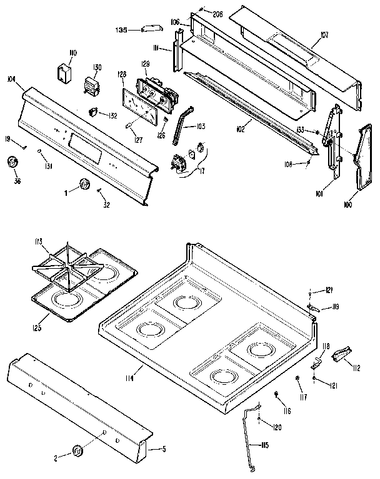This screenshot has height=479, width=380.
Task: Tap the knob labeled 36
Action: click(x=12, y=163)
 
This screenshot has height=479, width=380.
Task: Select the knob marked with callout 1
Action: click(x=84, y=185)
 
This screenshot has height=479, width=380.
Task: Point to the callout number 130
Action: click(x=97, y=68)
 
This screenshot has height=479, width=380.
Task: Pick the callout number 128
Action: click(x=121, y=74)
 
